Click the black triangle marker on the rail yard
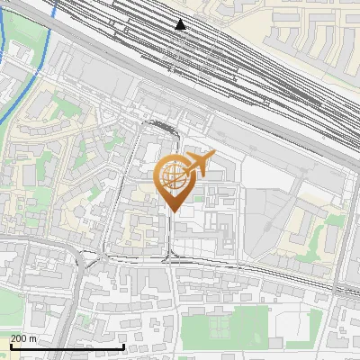click(x=181, y=24)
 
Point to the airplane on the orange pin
click(x=200, y=163)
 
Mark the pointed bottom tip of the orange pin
click(x=171, y=211)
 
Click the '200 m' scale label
click(x=24, y=338)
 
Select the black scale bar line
click(x=67, y=346)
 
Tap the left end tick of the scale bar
click(x=11, y=345)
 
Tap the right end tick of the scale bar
click(x=123, y=345)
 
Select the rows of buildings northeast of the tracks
click(x=306, y=36)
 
